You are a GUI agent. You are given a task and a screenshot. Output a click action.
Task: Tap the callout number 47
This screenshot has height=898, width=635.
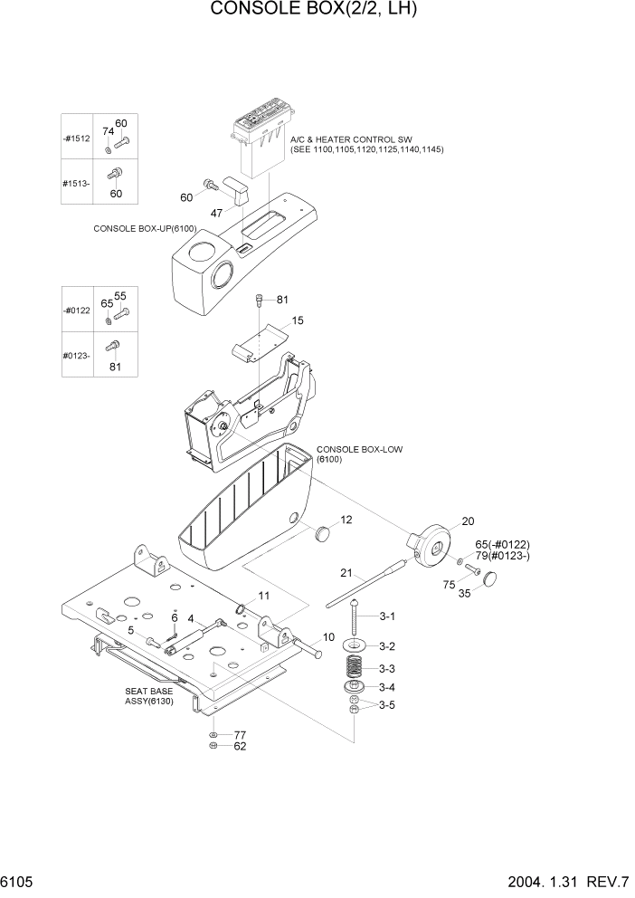pos(217,213)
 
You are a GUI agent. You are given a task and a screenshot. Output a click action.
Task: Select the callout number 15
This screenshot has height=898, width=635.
pos(298,320)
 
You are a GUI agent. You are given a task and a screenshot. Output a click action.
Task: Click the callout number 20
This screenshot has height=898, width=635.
pos(468,521)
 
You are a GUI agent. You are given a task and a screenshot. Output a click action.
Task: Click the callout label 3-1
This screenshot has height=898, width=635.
pos(387,616)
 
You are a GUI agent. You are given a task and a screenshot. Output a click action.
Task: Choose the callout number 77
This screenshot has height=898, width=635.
pos(240,735)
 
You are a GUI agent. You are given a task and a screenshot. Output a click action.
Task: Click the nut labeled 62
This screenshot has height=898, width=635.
pos(211,747)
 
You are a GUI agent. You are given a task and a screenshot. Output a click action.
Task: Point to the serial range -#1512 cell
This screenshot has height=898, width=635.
pos(77,139)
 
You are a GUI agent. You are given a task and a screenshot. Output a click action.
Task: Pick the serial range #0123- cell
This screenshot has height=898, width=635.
pos(77,357)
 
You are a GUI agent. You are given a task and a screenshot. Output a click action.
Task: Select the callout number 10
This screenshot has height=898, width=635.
pos(328,637)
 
